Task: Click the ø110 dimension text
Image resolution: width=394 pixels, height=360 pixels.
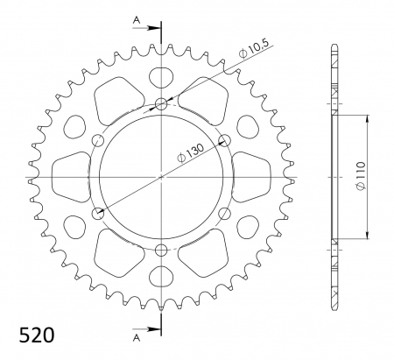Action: point(373,178)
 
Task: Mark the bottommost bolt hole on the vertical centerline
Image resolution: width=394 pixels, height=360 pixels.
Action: point(161,251)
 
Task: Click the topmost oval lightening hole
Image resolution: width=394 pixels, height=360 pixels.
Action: point(161,76)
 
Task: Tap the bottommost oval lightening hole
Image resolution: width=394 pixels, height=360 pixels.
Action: point(161,279)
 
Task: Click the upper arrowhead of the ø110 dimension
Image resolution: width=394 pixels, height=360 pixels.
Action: point(365,117)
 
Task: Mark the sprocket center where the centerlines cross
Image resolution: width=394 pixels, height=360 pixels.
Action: point(161,177)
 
